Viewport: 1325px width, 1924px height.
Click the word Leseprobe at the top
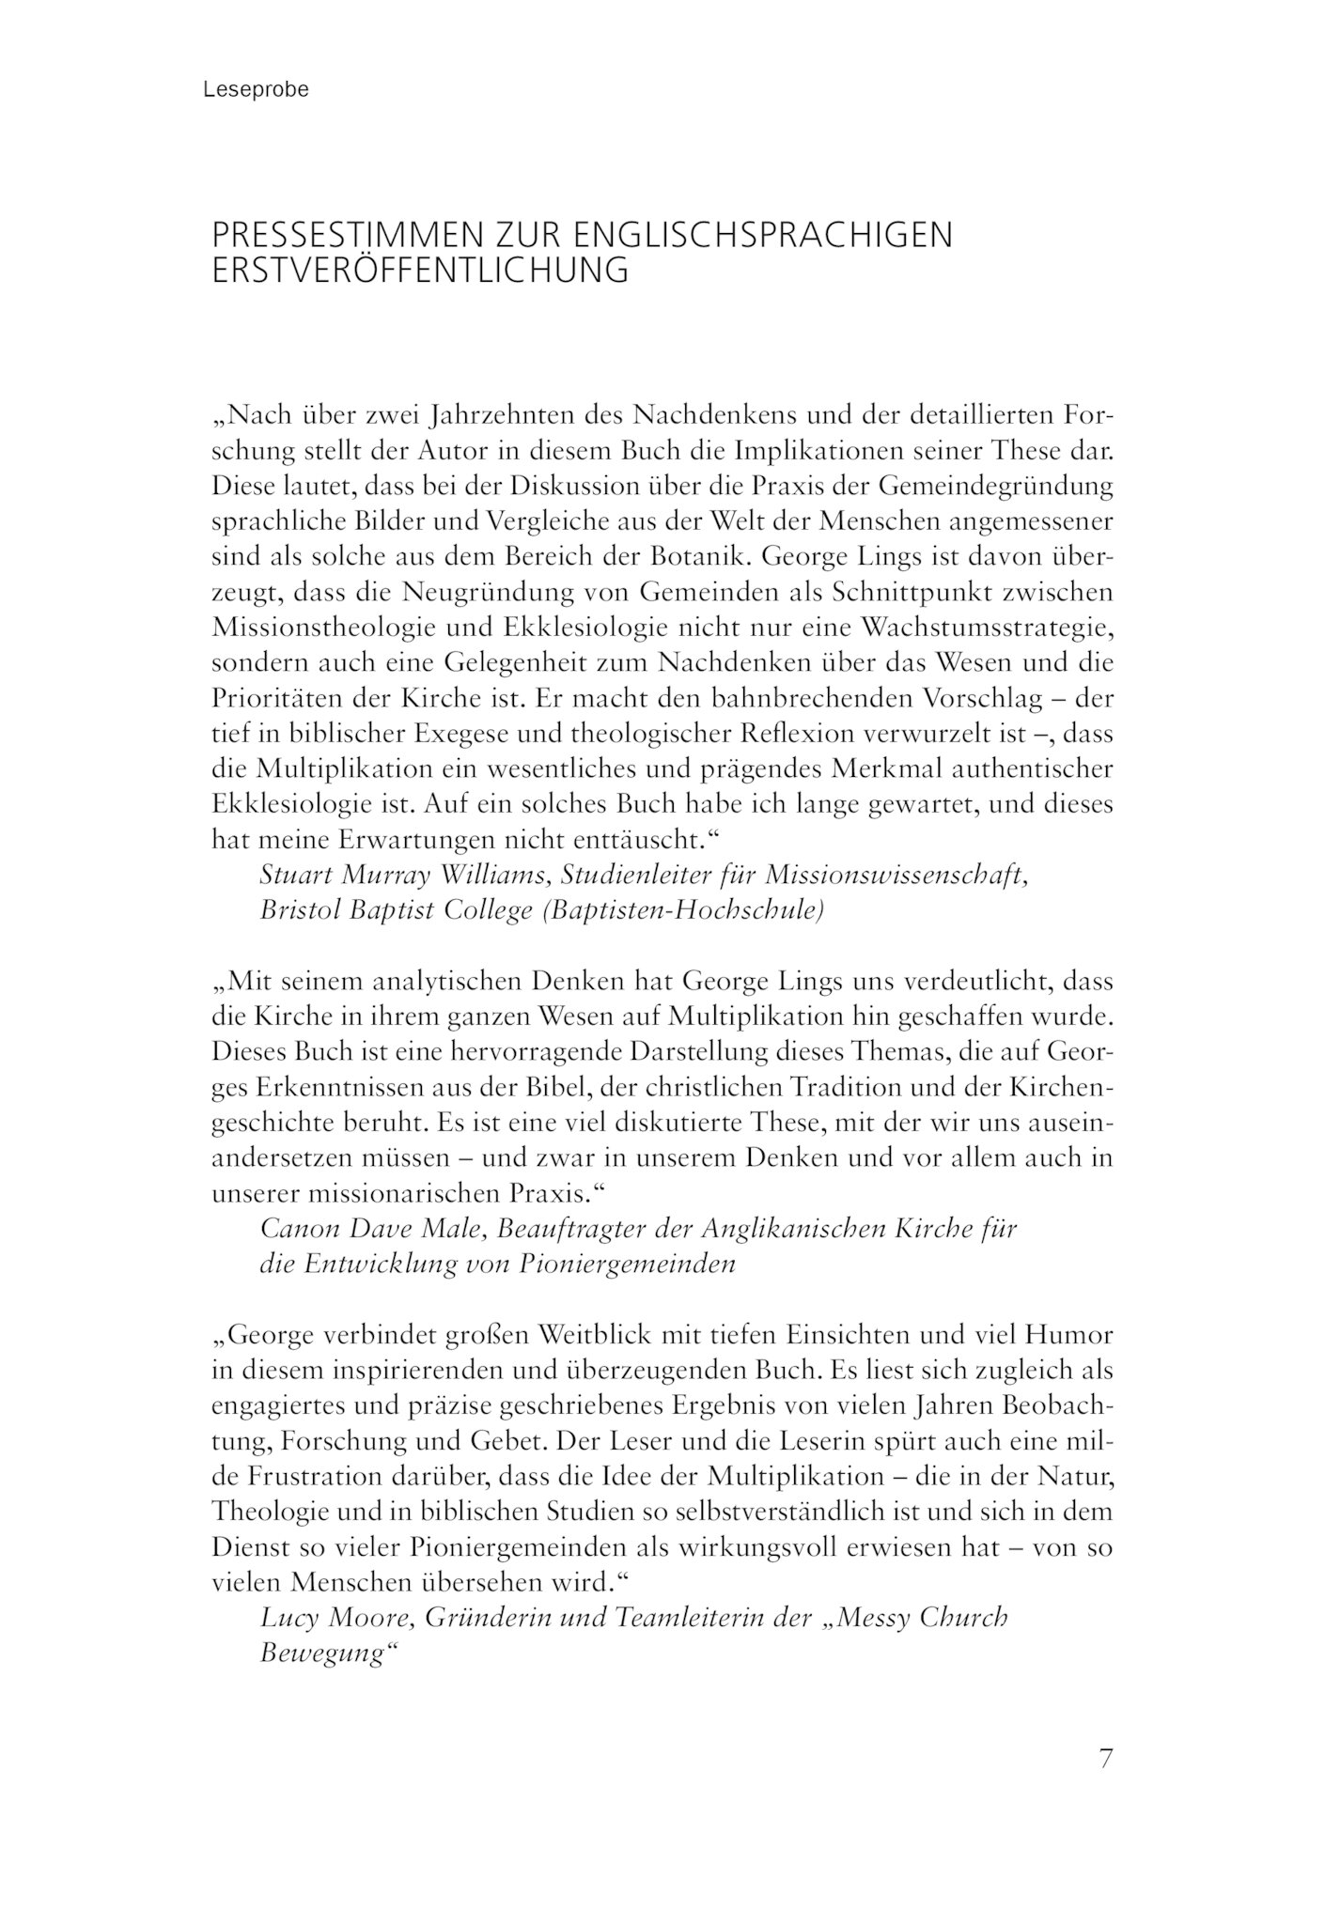(256, 90)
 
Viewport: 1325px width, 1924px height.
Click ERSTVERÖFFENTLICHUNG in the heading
(420, 271)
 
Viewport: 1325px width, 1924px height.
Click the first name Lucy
(287, 1618)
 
